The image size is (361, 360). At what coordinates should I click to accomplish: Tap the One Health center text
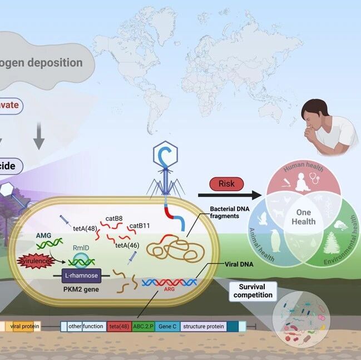tap(304, 217)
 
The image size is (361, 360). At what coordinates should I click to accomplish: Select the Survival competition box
tap(253, 291)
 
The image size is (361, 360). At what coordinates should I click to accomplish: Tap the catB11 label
tap(140, 226)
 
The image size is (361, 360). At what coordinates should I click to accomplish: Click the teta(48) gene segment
tap(118, 327)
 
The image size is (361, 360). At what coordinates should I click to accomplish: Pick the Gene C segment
tap(167, 327)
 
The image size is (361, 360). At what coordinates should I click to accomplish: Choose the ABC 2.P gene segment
tap(143, 327)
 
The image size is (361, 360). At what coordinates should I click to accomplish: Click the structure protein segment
tap(204, 327)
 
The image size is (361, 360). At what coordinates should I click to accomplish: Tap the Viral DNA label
tap(240, 264)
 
